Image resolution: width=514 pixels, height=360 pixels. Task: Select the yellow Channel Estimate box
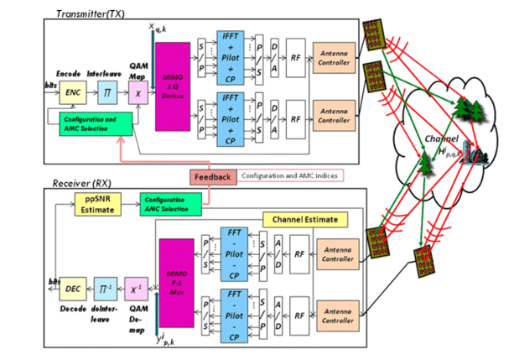point(304,220)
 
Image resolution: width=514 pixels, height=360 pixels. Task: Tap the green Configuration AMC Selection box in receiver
point(170,203)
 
